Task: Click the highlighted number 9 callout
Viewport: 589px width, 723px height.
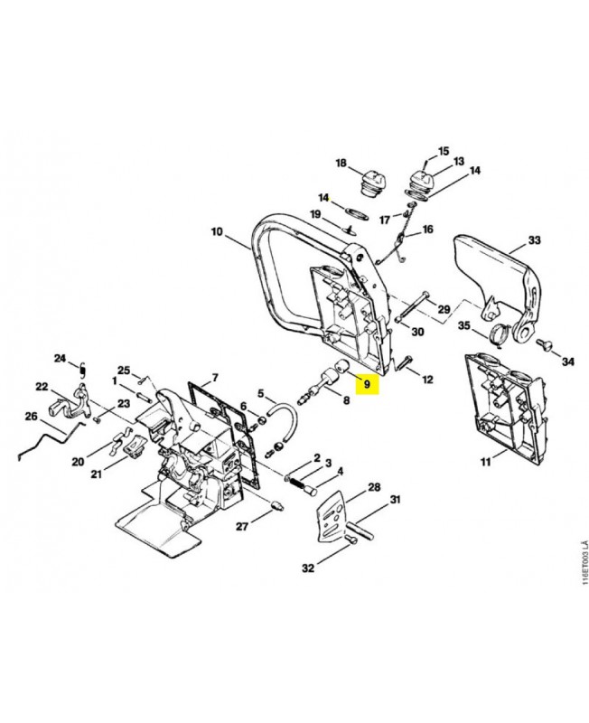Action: [367, 383]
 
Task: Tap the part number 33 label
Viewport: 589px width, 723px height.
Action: [534, 240]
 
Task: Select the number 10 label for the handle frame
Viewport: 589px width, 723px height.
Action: [217, 231]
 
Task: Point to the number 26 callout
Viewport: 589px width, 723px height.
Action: [31, 417]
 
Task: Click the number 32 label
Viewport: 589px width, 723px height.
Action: [308, 568]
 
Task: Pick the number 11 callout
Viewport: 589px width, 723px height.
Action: [486, 461]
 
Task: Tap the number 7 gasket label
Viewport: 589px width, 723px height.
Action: [215, 378]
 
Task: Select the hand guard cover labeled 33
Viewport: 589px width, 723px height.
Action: [498, 272]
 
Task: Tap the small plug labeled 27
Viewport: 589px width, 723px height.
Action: [276, 505]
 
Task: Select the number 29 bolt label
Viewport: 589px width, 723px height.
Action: [444, 309]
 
